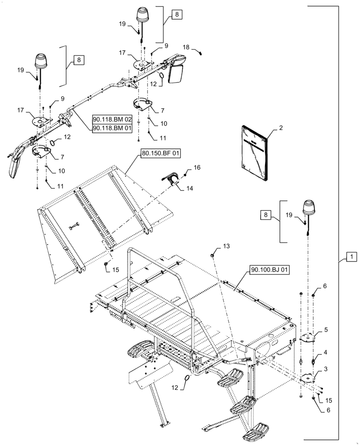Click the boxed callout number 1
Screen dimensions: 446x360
(352, 257)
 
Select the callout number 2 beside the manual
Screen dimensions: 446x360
(281, 128)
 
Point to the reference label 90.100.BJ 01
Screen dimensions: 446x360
(270, 269)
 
